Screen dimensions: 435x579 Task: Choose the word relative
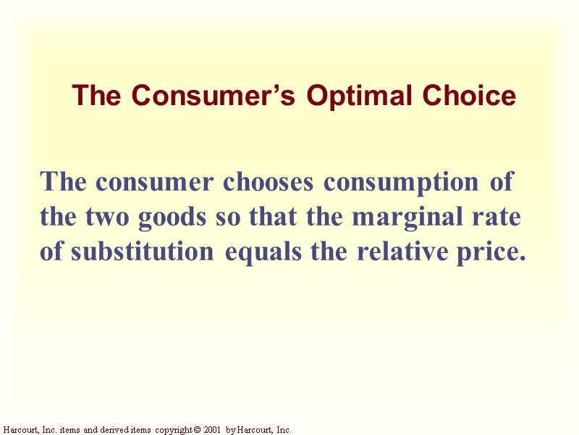[x=404, y=252]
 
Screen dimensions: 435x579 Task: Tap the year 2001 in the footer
[x=213, y=430]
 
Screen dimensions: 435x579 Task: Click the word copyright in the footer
[x=174, y=430]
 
